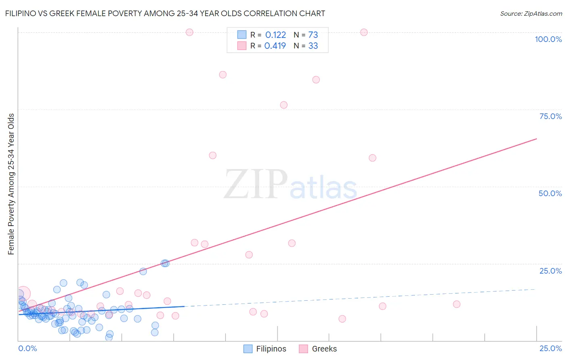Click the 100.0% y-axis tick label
548,39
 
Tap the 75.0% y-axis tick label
550,116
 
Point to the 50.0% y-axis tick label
550,193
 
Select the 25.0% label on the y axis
550,271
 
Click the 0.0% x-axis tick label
28,348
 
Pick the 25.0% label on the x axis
550,348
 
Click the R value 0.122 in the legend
275,35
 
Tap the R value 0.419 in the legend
275,46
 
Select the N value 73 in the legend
313,35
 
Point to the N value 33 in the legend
313,46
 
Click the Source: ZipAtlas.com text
531,13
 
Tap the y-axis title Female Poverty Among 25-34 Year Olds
11,184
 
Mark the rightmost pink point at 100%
364,32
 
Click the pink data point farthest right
457,304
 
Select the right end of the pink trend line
536,139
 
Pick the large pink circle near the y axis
23,294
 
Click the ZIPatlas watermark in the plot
290,185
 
